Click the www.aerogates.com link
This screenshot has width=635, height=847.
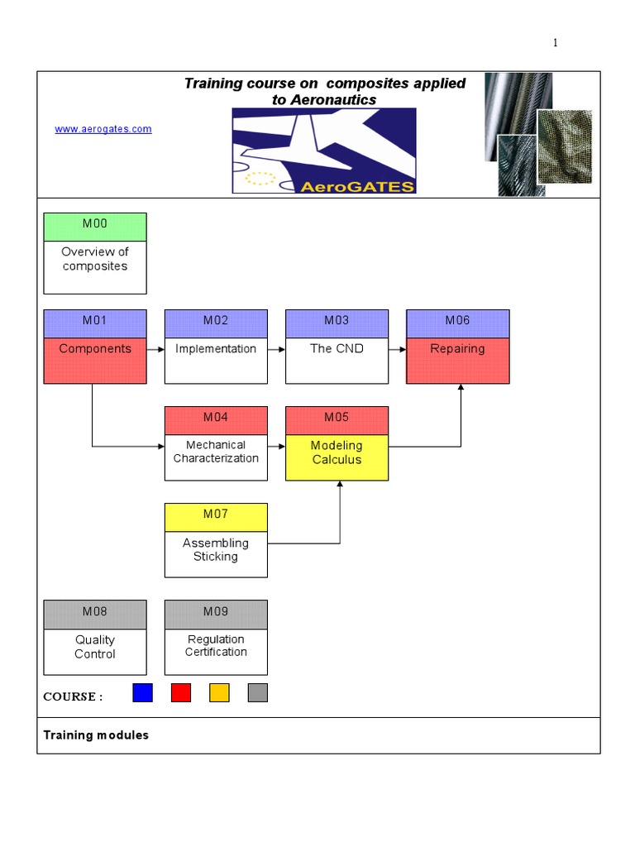pos(103,129)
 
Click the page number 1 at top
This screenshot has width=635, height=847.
pos(556,43)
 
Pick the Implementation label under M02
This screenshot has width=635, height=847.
pos(216,349)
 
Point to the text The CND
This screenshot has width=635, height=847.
pos(337,349)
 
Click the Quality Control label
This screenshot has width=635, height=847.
pos(95,647)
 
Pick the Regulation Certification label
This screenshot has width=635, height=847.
pos(216,646)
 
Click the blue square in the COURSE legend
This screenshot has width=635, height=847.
pos(143,692)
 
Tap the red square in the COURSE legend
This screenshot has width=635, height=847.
pos(181,692)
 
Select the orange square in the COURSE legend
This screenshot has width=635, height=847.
pos(219,692)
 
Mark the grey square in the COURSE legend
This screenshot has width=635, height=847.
pos(258,692)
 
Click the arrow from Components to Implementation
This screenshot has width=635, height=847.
pos(155,350)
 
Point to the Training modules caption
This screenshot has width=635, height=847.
pos(96,735)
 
